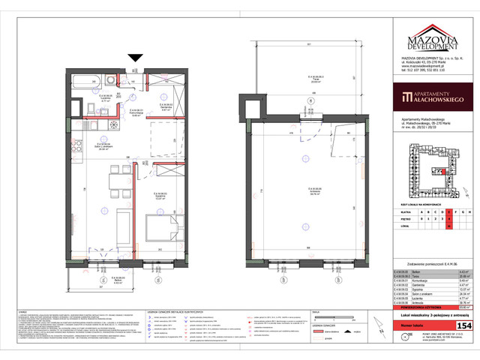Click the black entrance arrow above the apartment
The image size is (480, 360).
136,58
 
